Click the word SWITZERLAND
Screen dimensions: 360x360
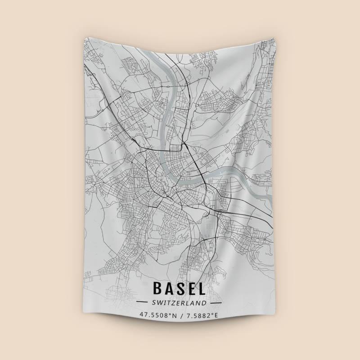point(179,302)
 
